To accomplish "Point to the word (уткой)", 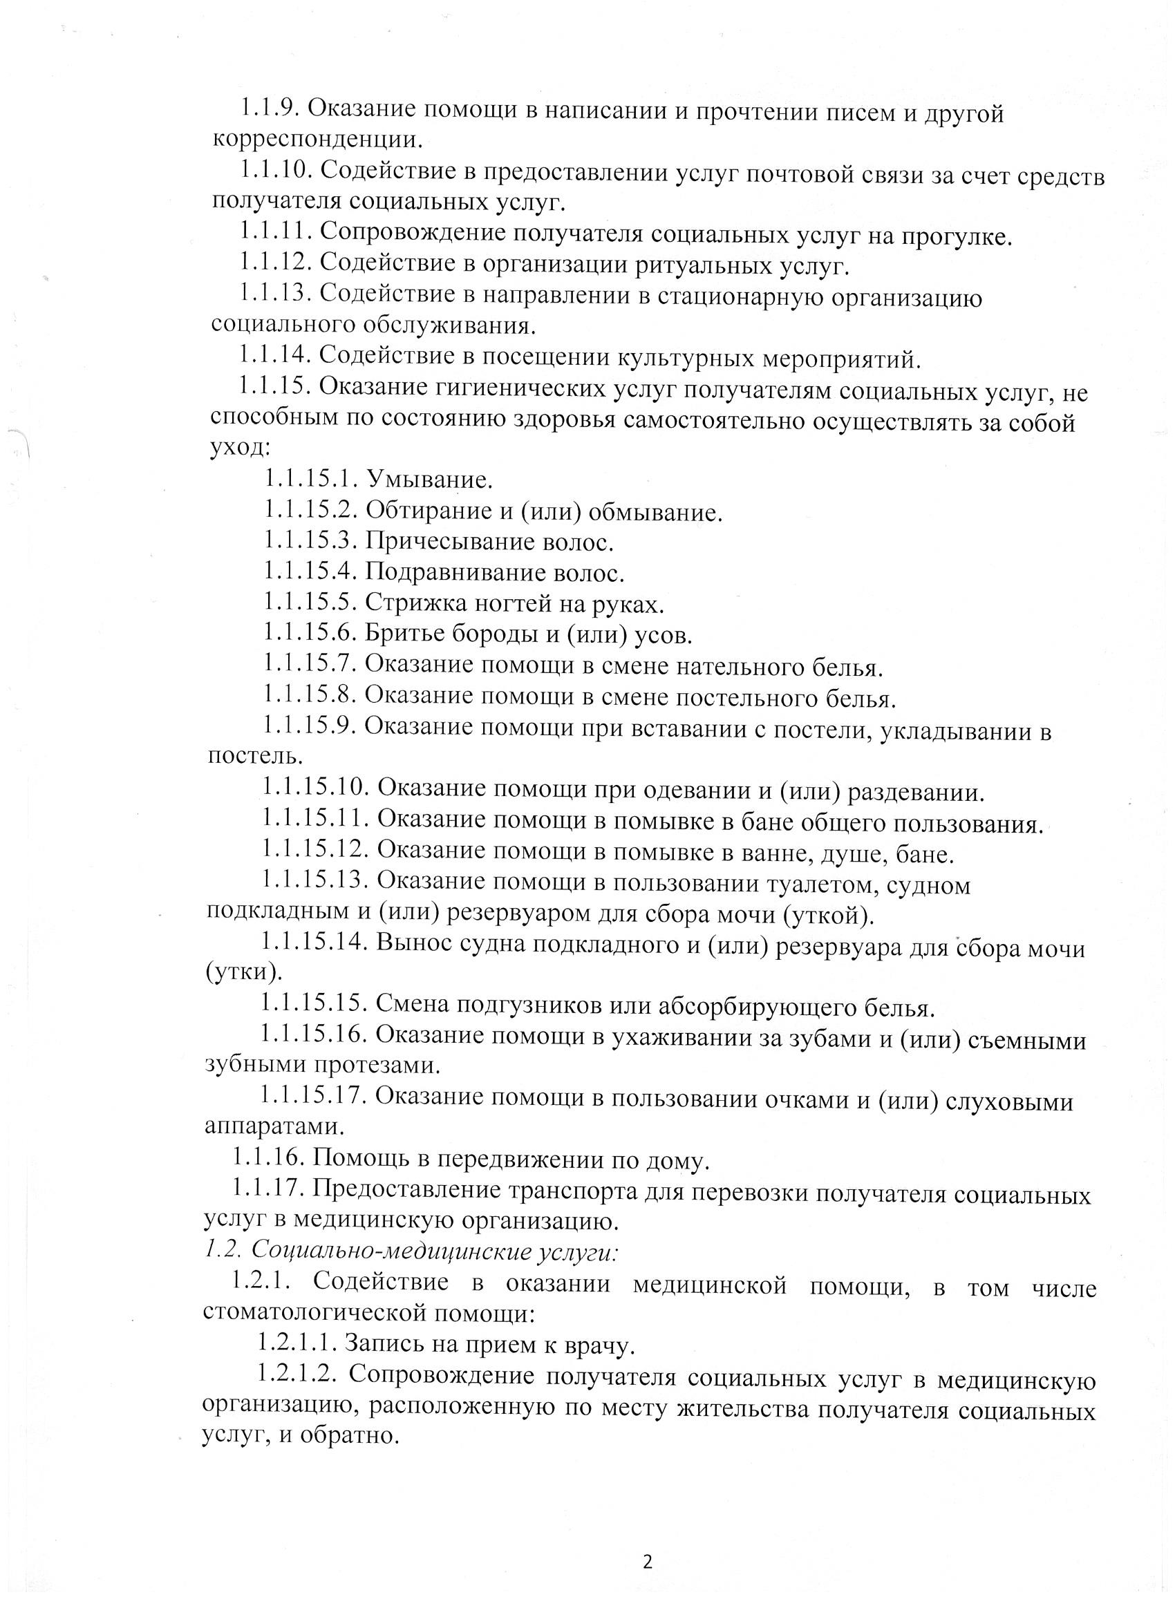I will pos(828,916).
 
